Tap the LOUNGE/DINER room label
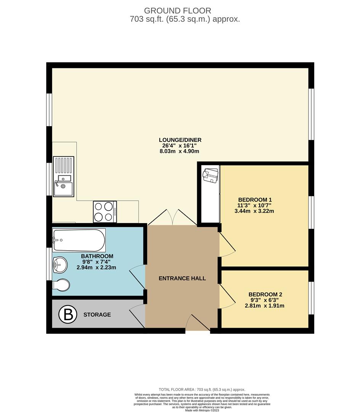pyautogui.click(x=180, y=140)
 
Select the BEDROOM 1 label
pyautogui.click(x=255, y=200)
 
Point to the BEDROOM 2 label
pyautogui.click(x=265, y=294)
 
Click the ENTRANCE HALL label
pyautogui.click(x=182, y=278)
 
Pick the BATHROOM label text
pyautogui.click(x=97, y=256)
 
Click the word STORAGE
pyautogui.click(x=97, y=315)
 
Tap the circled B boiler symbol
pyautogui.click(x=67, y=315)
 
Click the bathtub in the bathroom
pyautogui.click(x=79, y=239)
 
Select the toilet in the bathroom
pyautogui.click(x=61, y=285)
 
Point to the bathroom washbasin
pyautogui.click(x=59, y=264)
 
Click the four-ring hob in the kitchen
pyautogui.click(x=105, y=212)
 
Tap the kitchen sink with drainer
pyautogui.click(x=63, y=177)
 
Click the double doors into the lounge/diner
pyautogui.click(x=173, y=217)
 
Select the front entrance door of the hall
pyautogui.click(x=198, y=323)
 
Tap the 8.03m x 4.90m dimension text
pyautogui.click(x=180, y=151)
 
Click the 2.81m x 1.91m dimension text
pyautogui.click(x=265, y=306)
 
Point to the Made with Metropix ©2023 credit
pyautogui.click(x=202, y=410)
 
